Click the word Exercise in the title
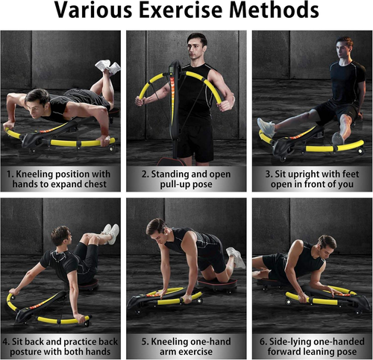181,10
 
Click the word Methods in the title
274,10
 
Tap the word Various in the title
93,10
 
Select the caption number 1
9,174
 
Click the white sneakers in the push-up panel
108,66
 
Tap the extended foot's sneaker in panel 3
266,127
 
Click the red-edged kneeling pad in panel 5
217,283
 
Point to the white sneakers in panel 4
110,233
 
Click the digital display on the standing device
173,69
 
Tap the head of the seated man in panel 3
344,47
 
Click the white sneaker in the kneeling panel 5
236,257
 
